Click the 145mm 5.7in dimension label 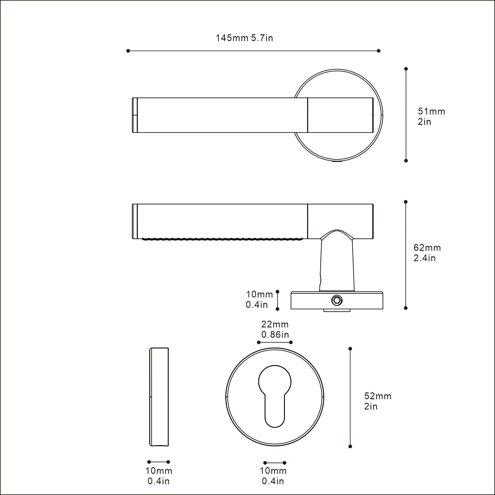244,38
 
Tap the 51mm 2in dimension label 431,116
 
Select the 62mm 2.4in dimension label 427,253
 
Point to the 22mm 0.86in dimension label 275,329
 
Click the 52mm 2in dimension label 378,401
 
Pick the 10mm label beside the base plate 259,299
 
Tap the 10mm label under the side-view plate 159,476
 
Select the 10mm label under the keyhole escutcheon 273,476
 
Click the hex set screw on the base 337,300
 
